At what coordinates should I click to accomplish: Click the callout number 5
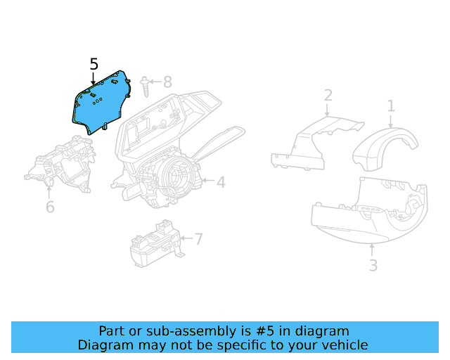tap(94, 64)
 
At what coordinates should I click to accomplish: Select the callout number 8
tap(167, 82)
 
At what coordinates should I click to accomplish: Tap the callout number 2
tap(328, 96)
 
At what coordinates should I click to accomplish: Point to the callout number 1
tap(391, 106)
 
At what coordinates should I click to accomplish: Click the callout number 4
tap(221, 182)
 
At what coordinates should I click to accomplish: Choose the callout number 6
tap(50, 207)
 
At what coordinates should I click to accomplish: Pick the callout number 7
tap(198, 239)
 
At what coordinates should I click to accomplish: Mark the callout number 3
tap(373, 265)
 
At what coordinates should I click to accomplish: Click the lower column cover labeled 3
tap(366, 214)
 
